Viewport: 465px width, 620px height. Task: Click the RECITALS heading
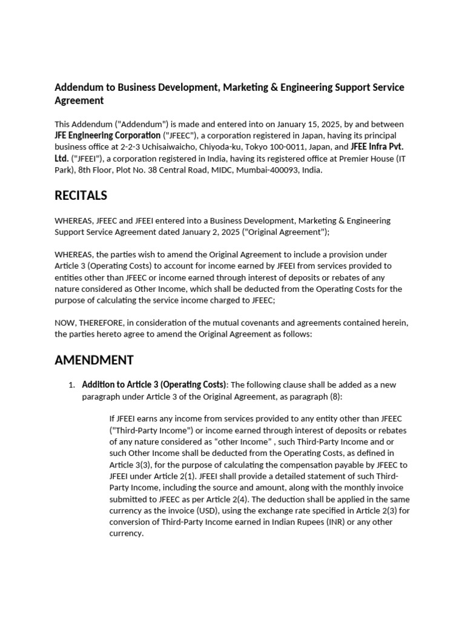(x=81, y=196)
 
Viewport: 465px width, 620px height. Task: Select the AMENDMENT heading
(x=94, y=360)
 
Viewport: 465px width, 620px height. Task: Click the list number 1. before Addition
(x=71, y=386)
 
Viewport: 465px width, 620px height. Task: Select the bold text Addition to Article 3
(x=120, y=385)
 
